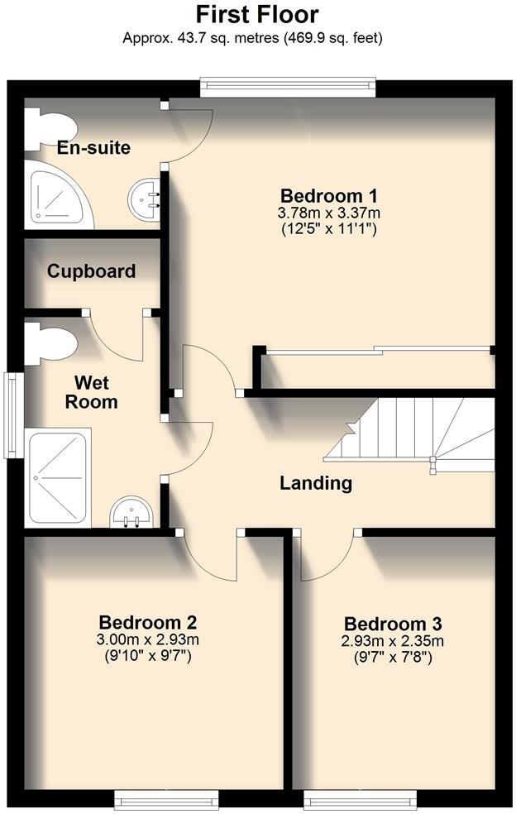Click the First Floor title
click(257, 15)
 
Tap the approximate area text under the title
click(252, 38)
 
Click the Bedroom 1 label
click(329, 196)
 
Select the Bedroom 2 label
click(147, 622)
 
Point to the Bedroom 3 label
click(393, 624)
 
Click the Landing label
click(316, 483)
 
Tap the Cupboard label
click(91, 271)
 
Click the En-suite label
click(93, 149)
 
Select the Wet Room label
click(96, 393)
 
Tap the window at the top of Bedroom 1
click(288, 86)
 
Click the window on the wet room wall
click(12, 414)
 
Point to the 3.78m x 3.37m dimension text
click(328, 213)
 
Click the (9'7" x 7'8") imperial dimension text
click(393, 658)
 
